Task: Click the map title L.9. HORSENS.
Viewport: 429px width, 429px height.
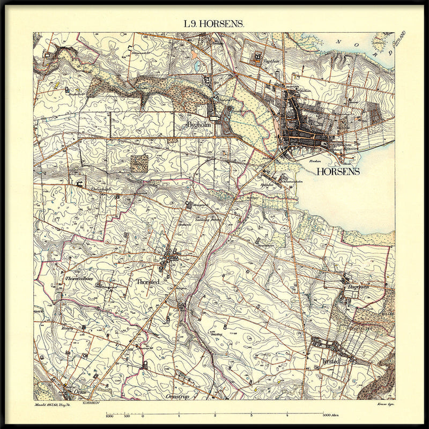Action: [214, 24]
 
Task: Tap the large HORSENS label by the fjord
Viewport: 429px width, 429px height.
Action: [338, 172]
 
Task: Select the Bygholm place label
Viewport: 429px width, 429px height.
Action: [197, 125]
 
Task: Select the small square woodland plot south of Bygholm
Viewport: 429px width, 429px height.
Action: [139, 163]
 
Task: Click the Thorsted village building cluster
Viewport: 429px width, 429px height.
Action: [170, 257]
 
